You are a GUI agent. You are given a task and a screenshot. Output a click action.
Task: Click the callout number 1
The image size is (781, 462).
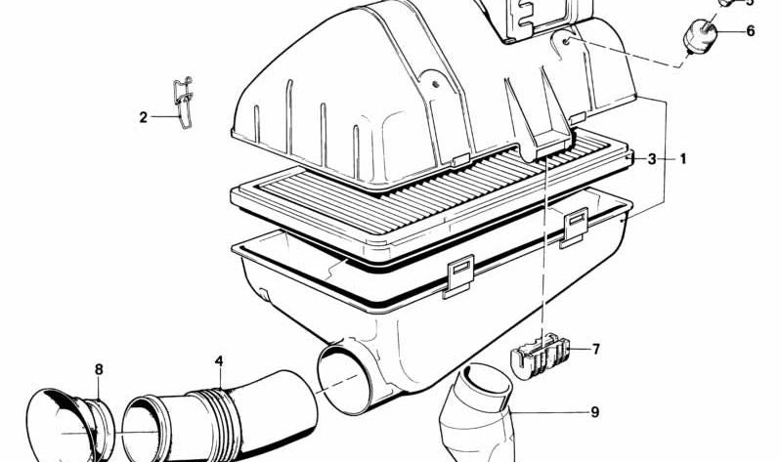coord(683,158)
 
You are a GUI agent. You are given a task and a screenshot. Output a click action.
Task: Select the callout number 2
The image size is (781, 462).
coord(143,118)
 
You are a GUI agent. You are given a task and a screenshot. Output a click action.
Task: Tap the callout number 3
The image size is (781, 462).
coord(652,158)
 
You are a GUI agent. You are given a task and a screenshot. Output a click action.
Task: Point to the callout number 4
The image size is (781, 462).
coord(220,361)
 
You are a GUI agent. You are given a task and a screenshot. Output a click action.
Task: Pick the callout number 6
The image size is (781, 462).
coord(750,31)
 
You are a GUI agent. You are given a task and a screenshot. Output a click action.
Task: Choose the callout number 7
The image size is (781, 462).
coord(595,348)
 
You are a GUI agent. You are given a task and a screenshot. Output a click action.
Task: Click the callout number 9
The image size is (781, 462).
coord(594,412)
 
